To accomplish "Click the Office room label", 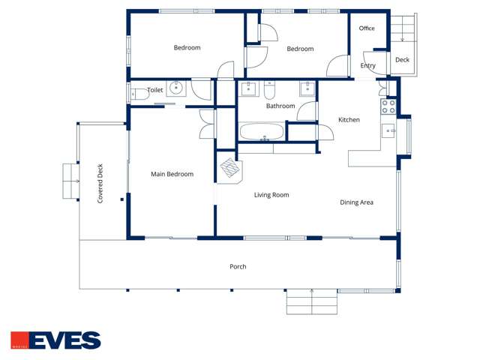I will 367,28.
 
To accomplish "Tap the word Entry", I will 367,66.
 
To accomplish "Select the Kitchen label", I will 349,120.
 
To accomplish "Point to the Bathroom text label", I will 280,106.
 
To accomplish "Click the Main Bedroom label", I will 172,175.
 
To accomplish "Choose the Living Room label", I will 271,195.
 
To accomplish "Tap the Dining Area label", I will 357,202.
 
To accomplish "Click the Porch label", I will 238,267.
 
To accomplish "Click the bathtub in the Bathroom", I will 262,133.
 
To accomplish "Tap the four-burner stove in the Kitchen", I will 388,106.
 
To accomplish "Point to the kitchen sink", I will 389,131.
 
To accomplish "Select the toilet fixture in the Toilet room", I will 138,94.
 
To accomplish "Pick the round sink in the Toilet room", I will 176,88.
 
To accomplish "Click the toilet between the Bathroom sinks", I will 270,91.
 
